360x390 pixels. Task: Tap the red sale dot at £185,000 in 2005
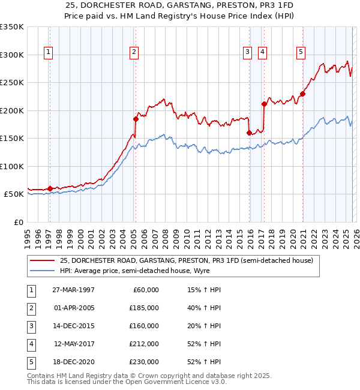coord(136,119)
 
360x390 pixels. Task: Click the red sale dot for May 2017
coord(264,104)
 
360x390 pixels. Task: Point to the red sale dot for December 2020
coord(302,94)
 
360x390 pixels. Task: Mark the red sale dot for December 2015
coord(249,133)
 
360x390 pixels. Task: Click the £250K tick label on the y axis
coord(12,82)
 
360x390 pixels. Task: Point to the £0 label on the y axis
coord(18,222)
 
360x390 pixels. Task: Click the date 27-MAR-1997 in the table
coord(73,290)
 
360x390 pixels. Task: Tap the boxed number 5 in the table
coord(29,362)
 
